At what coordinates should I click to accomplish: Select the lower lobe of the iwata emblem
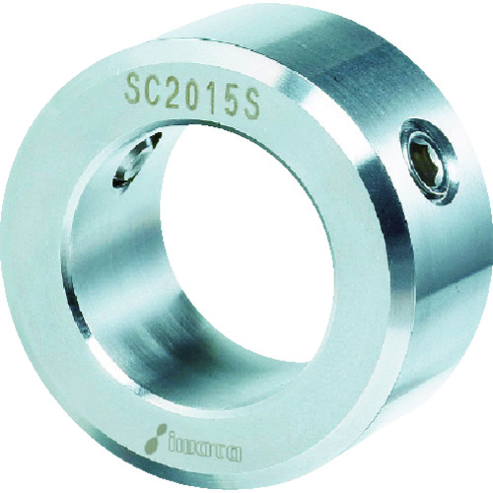click(x=152, y=445)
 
